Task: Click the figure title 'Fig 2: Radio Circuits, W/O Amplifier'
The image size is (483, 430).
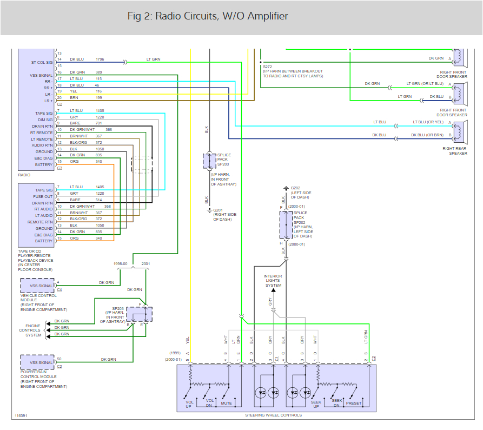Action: pos(208,16)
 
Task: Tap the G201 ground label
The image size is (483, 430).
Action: pos(218,210)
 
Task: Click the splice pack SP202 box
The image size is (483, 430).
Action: pos(285,225)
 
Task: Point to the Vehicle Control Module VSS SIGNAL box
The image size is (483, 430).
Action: pos(37,285)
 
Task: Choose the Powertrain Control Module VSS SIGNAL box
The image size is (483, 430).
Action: pos(37,362)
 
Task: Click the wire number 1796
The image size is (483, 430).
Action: pos(100,59)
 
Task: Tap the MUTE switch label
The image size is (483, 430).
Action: pos(226,403)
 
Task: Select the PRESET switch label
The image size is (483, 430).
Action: pos(354,403)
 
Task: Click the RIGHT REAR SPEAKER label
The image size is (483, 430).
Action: pos(454,150)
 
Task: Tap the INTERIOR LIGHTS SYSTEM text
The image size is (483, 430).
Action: pos(273,281)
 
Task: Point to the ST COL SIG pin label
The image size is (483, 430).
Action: pos(42,62)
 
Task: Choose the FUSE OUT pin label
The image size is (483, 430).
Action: pos(44,197)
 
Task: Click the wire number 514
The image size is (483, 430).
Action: pos(98,200)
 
